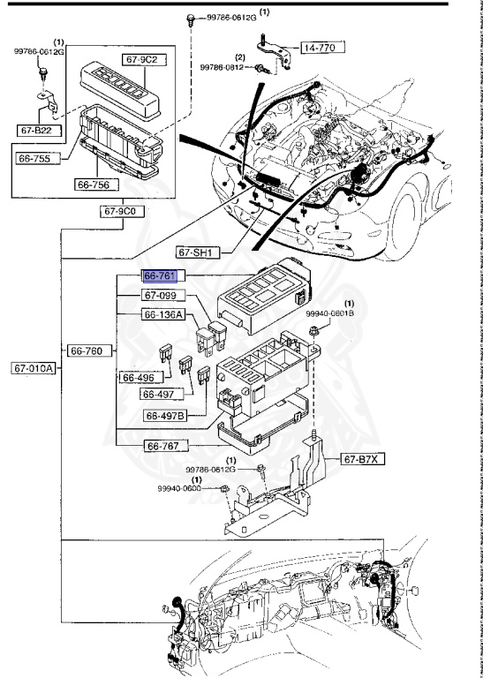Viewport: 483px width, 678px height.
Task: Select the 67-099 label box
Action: coord(161,296)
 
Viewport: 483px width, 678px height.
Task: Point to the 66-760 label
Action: coord(88,350)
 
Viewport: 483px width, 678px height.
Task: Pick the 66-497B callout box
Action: coord(166,415)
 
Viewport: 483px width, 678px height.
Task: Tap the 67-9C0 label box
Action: coord(118,211)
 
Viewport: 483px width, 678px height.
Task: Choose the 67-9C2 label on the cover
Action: coord(141,60)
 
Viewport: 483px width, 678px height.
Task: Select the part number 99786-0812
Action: coord(222,66)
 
